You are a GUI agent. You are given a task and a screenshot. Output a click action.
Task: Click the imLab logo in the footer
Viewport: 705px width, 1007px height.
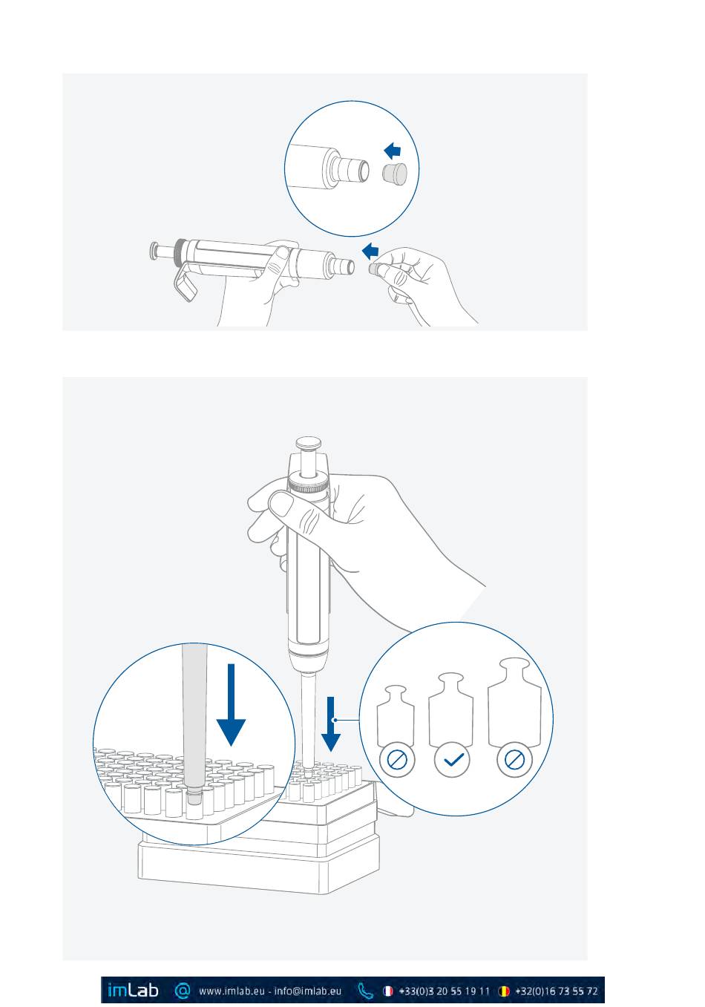pyautogui.click(x=133, y=990)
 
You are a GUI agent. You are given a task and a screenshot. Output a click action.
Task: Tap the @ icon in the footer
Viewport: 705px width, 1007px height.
pyautogui.click(x=183, y=990)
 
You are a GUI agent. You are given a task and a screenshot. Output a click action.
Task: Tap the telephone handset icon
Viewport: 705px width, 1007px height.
pyautogui.click(x=365, y=991)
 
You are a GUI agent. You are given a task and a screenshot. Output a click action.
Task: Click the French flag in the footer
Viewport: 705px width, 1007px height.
pyautogui.click(x=387, y=991)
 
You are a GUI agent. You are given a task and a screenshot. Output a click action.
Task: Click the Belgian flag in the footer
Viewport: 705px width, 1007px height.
pyautogui.click(x=504, y=991)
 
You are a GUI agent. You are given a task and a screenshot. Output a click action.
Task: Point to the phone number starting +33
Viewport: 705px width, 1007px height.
pyautogui.click(x=444, y=991)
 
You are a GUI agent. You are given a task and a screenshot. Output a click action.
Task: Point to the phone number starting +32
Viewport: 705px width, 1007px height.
pyautogui.click(x=557, y=991)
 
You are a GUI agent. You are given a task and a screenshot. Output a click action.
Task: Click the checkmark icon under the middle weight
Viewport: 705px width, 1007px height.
pyautogui.click(x=453, y=760)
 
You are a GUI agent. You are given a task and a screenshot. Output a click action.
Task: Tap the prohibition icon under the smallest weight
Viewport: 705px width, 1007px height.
pyautogui.click(x=397, y=760)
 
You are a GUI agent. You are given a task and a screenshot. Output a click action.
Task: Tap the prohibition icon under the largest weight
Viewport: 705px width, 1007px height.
pyautogui.click(x=515, y=760)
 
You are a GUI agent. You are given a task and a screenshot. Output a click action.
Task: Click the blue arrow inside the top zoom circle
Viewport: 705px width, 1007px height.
pyautogui.click(x=392, y=151)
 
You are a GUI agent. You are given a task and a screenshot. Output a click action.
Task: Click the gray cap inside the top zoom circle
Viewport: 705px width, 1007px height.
pyautogui.click(x=395, y=174)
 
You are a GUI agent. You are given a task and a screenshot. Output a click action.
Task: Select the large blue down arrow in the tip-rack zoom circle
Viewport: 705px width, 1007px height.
pyautogui.click(x=232, y=705)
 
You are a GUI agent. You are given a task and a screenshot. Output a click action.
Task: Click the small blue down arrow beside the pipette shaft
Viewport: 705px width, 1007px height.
pyautogui.click(x=332, y=724)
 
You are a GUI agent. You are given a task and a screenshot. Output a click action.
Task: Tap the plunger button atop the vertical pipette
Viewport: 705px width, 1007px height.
pyautogui.click(x=309, y=445)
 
